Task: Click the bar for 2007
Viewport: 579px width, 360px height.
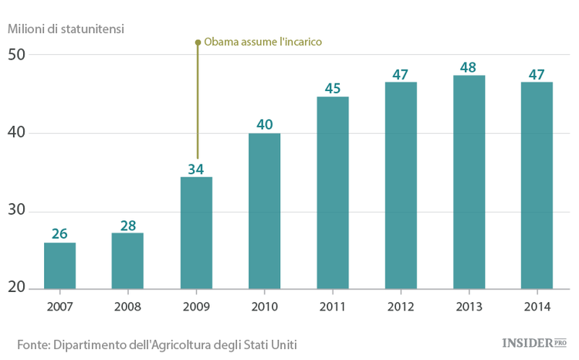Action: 59,266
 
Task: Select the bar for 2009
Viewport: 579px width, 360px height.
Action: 196,233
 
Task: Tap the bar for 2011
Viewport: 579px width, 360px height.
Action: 333,192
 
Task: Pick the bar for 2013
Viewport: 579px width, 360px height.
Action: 469,182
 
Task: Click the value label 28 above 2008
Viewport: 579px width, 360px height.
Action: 128,226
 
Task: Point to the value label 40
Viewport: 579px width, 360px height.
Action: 265,124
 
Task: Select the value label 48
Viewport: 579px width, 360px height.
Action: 469,67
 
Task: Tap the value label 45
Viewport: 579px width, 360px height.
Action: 333,88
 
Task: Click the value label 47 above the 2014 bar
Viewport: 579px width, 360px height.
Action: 537,74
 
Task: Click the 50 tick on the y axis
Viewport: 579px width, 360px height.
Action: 17,55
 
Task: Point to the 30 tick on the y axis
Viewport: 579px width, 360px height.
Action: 17,210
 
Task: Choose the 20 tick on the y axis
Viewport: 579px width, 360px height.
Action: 17,288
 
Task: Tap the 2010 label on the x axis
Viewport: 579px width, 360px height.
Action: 265,307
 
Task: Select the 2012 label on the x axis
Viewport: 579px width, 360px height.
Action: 401,307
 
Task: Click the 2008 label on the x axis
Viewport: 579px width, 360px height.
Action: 128,307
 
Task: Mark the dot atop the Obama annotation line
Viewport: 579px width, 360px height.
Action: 197,42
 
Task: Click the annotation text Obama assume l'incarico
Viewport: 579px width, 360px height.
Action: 262,42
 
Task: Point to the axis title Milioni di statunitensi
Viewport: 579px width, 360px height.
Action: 66,29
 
